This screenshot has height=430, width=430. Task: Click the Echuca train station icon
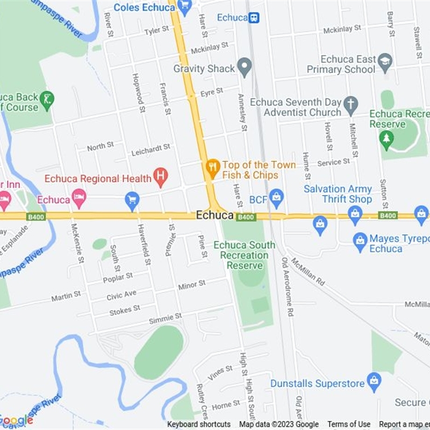(x=254, y=18)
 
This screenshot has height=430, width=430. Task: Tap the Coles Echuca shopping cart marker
(x=184, y=7)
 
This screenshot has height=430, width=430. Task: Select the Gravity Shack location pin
(x=245, y=68)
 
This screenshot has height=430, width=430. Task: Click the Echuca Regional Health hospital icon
(x=160, y=176)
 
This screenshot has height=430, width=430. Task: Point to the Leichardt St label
(x=151, y=149)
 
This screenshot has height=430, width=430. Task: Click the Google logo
(x=16, y=420)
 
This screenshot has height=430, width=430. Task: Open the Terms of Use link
(x=349, y=425)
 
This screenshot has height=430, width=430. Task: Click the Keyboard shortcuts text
(x=199, y=425)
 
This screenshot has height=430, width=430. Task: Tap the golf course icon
(x=47, y=101)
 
